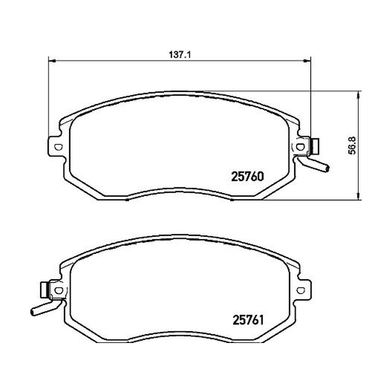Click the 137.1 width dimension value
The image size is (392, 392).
pos(180,55)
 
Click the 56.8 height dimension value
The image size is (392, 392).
pos(352,146)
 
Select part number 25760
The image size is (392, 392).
pos(247,177)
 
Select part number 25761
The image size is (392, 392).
pos(248,320)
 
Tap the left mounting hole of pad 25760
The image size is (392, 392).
pos(58,147)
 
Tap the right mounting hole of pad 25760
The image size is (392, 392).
pos(300,147)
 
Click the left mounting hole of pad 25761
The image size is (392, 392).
pos(59,290)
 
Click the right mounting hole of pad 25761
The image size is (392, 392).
pos(301,290)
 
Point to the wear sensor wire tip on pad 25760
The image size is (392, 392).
pos(327,169)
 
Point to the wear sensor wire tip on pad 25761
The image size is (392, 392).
pos(32,312)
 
